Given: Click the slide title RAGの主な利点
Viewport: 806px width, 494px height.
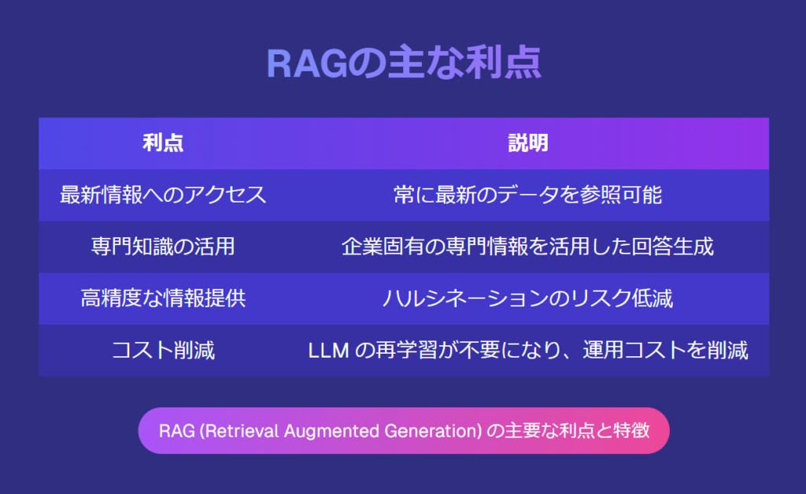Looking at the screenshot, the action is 404,63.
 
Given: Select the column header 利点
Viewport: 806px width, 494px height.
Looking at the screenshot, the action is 163,143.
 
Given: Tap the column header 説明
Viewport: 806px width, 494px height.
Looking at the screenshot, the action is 528,143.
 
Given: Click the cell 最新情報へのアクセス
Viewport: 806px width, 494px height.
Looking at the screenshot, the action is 163,195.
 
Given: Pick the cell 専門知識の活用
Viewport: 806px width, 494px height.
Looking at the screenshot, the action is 163,247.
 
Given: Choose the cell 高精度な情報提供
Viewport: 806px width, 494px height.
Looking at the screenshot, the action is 163,299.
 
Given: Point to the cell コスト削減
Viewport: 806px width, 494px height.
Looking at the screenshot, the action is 163,351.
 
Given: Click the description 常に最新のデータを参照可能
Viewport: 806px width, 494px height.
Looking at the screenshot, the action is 528,195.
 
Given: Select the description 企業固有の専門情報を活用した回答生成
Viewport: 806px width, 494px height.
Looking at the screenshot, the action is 528,247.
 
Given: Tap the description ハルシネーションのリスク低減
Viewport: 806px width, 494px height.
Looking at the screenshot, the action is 528,299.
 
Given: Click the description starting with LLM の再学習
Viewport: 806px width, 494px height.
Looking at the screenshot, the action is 528,351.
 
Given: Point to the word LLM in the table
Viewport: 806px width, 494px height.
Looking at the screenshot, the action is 328,351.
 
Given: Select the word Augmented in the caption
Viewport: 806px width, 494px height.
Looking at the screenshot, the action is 331,431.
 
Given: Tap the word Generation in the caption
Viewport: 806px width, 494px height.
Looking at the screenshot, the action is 431,431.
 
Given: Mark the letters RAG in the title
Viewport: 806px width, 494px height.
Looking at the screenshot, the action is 307,64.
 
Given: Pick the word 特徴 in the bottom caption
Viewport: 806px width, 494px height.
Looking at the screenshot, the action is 632,430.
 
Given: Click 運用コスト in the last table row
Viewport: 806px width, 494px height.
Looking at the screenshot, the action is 635,351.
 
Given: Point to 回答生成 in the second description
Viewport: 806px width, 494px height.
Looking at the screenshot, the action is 672,247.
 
